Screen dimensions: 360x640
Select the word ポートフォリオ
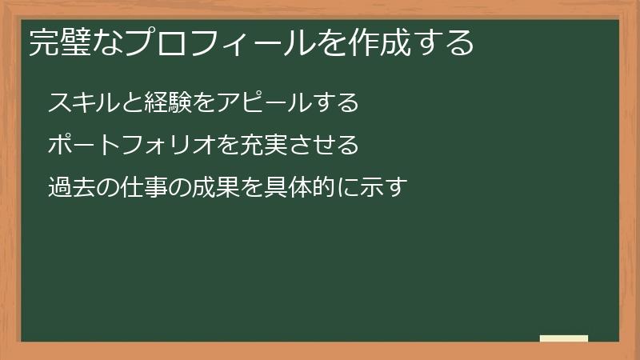tap(125, 146)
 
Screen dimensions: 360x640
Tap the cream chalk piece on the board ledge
tap(564, 338)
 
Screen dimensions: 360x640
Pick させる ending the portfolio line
tap(317, 146)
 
